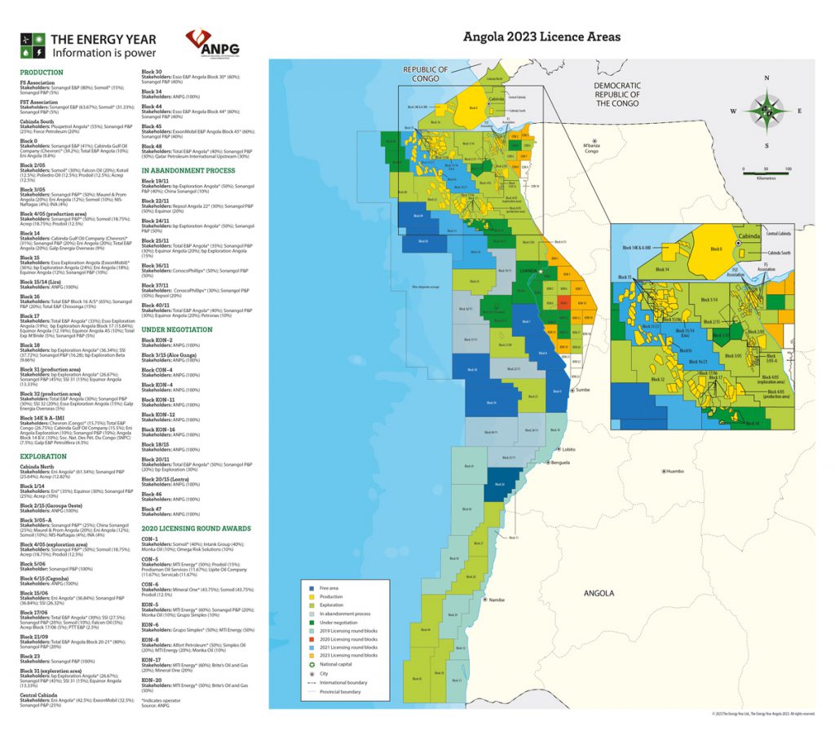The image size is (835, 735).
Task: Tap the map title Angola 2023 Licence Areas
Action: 541,37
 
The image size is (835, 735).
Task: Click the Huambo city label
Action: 683,471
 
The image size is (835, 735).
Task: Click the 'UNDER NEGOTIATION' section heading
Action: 177,329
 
